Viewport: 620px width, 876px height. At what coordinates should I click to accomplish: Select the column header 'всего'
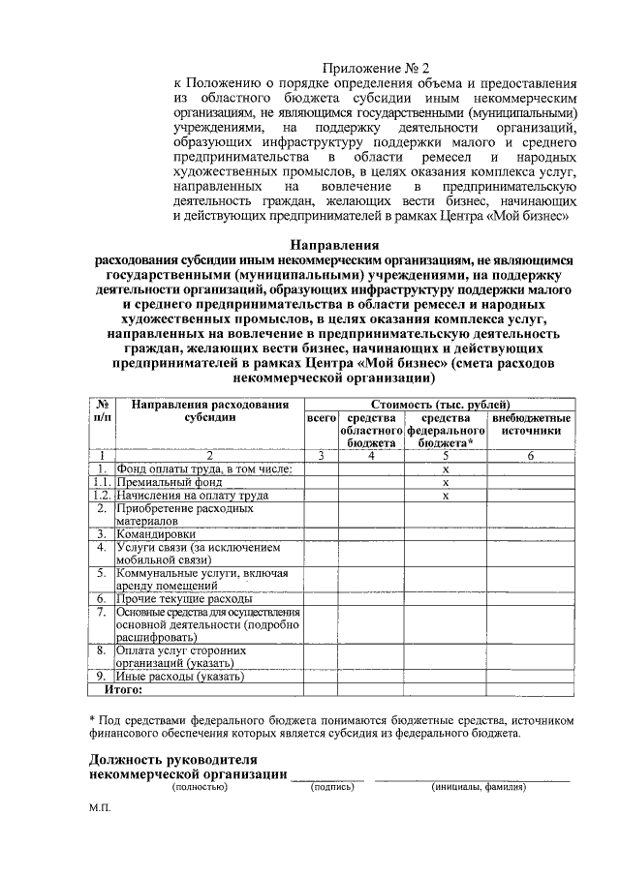coord(321,417)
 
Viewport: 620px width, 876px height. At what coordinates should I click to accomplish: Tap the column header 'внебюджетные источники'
coord(531,423)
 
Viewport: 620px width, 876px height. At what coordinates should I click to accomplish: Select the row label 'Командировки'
coord(156,533)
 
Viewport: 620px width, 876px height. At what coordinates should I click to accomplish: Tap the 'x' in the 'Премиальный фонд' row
coord(446,481)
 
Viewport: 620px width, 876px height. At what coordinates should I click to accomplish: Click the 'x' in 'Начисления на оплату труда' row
coord(446,495)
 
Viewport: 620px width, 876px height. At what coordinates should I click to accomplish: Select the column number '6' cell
coord(531,455)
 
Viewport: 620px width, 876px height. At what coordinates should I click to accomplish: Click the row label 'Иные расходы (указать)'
coord(173,677)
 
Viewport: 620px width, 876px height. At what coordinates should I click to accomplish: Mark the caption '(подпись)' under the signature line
coord(331,788)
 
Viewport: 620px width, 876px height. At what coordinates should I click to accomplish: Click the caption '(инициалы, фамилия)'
coord(479,788)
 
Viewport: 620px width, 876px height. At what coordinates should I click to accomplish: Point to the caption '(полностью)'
coord(199,788)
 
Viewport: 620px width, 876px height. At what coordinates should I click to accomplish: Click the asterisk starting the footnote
coord(91,719)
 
